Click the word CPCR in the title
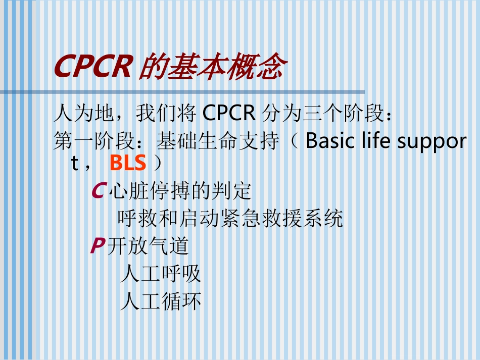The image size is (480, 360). coord(93,67)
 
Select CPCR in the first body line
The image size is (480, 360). coord(229,114)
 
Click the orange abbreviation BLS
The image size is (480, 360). coord(128,164)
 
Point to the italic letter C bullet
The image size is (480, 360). coord(98,191)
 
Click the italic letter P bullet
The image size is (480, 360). coord(98,246)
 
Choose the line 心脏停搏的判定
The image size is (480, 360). coord(180,191)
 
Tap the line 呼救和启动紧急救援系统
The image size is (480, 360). coord(230,219)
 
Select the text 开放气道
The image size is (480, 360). coord(149,246)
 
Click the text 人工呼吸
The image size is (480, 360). coord(161,274)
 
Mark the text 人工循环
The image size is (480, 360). coord(161,301)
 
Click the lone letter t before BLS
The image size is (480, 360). coord(75,164)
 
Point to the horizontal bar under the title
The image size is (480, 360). coord(182,92)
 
